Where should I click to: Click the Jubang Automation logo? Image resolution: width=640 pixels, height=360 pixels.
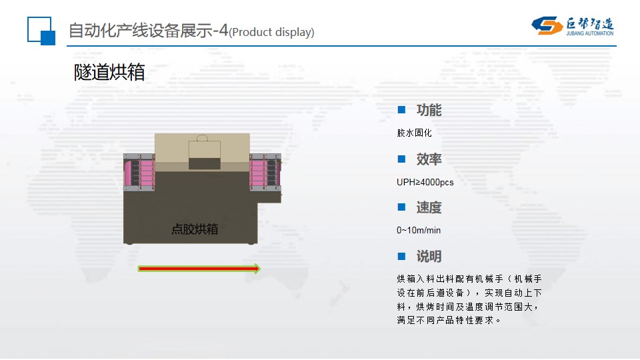(572, 26)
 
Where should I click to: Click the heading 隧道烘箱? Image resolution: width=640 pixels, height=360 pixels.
(109, 72)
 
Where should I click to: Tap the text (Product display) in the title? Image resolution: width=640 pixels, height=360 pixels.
(271, 32)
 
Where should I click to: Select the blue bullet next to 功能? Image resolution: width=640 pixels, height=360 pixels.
(401, 110)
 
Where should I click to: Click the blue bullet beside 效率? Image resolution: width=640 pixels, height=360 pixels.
(401, 159)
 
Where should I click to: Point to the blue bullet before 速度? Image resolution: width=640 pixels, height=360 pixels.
(401, 207)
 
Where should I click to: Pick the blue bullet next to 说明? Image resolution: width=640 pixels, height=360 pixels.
(401, 256)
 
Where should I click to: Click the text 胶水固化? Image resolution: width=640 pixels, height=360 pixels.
(414, 133)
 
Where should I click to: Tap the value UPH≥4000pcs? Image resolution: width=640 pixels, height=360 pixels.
(425, 182)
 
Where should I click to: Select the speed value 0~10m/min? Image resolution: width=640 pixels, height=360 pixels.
(419, 230)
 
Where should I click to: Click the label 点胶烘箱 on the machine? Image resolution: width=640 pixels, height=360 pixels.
(195, 229)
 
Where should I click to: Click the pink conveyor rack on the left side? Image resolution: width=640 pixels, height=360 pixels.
(139, 173)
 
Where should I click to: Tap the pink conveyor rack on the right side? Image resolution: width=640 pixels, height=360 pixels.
(265, 172)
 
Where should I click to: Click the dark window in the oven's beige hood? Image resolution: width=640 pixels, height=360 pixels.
(205, 163)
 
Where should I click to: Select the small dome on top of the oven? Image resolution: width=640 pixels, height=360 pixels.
(202, 138)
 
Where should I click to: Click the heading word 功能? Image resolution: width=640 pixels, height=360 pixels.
(429, 110)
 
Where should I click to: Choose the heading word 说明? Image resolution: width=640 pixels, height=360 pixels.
(429, 256)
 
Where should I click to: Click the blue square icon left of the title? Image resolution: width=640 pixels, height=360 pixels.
(41, 31)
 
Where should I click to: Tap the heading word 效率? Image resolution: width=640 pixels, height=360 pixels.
(429, 159)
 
